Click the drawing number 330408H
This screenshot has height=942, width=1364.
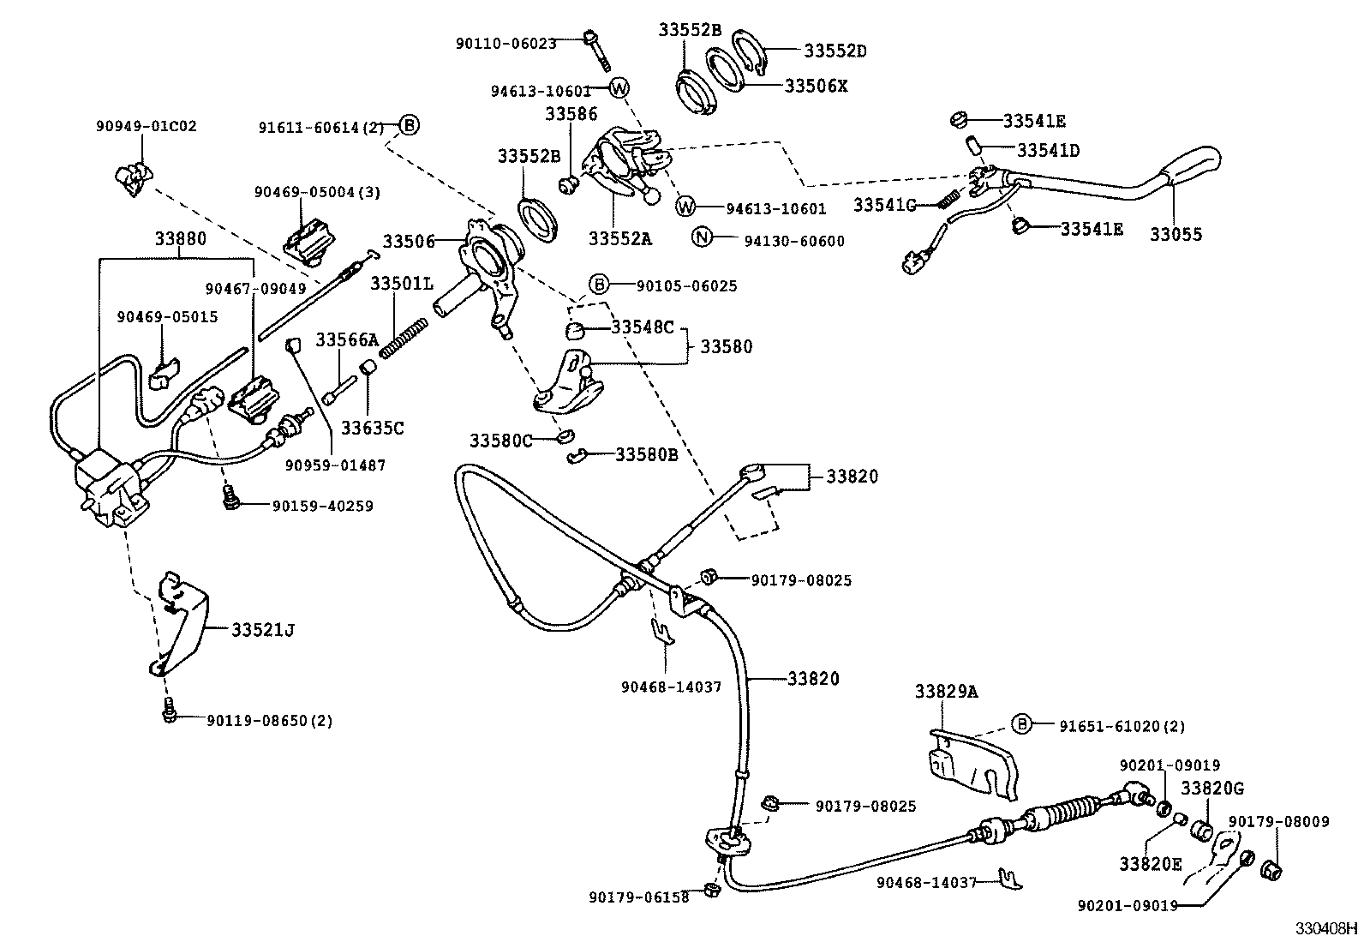click(1325, 928)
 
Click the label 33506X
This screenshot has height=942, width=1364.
click(816, 86)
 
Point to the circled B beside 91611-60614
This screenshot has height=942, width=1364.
click(410, 126)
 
